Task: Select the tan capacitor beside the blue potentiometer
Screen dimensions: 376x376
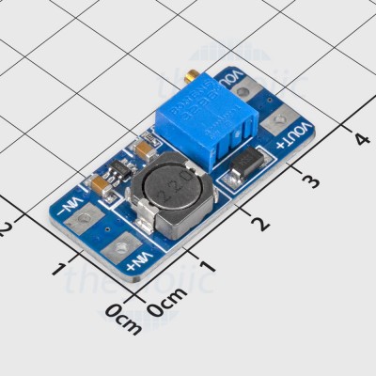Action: click(146, 149)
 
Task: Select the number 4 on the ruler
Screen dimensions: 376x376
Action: click(362, 139)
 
